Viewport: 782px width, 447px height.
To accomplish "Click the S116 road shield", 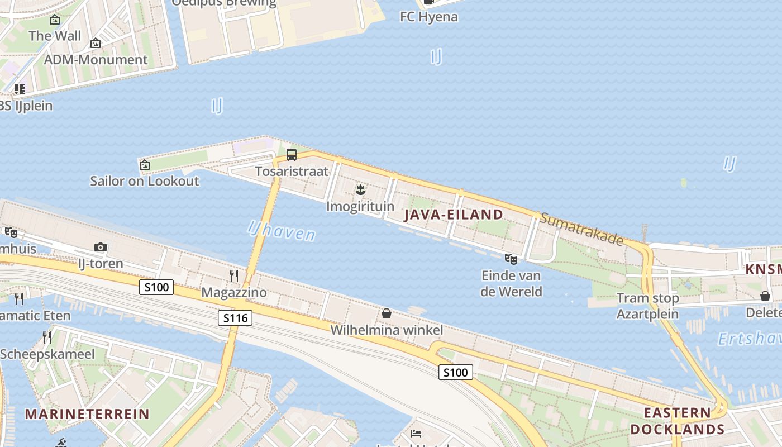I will click(x=235, y=318).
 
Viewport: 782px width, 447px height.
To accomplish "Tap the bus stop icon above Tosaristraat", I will click(x=292, y=155).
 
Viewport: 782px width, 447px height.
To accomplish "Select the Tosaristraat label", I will click(x=292, y=171).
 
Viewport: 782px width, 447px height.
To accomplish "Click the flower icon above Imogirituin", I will click(x=360, y=190).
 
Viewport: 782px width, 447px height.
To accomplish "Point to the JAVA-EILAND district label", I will click(x=453, y=215).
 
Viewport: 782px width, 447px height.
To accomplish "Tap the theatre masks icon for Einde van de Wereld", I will click(x=511, y=259).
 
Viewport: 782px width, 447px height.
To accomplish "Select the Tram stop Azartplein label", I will click(x=647, y=306).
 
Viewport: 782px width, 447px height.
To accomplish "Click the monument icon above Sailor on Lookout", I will click(x=145, y=164).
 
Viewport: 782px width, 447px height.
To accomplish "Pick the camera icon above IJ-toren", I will click(x=101, y=247).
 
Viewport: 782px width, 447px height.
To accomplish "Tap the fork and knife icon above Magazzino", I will click(x=234, y=275).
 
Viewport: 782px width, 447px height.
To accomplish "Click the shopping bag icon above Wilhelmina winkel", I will click(x=386, y=313).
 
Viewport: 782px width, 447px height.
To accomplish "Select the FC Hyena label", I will click(x=429, y=17).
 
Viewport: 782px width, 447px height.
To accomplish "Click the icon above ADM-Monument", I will click(x=96, y=43).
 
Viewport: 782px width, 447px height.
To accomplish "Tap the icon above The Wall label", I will click(x=55, y=20).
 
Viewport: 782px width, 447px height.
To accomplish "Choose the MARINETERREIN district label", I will click(x=87, y=414).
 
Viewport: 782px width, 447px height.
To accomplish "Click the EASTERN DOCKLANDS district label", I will click(x=677, y=421).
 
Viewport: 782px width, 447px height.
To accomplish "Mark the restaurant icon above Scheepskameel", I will click(x=47, y=337).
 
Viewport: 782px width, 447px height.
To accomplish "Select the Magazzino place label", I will click(x=234, y=292).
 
